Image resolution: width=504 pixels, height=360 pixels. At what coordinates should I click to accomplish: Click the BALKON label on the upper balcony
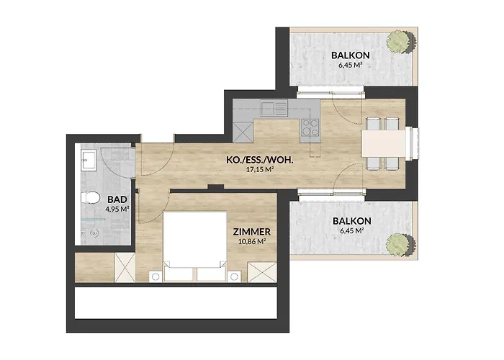351,55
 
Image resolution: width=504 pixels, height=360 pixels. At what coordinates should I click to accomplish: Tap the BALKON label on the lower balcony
351,221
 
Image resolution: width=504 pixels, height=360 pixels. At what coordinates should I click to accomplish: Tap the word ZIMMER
251,232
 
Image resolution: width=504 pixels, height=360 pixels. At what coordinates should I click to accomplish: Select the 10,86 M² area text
251,242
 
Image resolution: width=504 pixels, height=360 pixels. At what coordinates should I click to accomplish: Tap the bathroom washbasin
89,160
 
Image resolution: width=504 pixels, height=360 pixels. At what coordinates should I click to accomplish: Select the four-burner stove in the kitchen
310,128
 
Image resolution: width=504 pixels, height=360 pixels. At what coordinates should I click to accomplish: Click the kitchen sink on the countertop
274,109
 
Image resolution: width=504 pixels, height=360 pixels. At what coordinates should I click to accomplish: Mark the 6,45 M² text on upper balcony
351,66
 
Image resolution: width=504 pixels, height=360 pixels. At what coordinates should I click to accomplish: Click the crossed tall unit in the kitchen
243,131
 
